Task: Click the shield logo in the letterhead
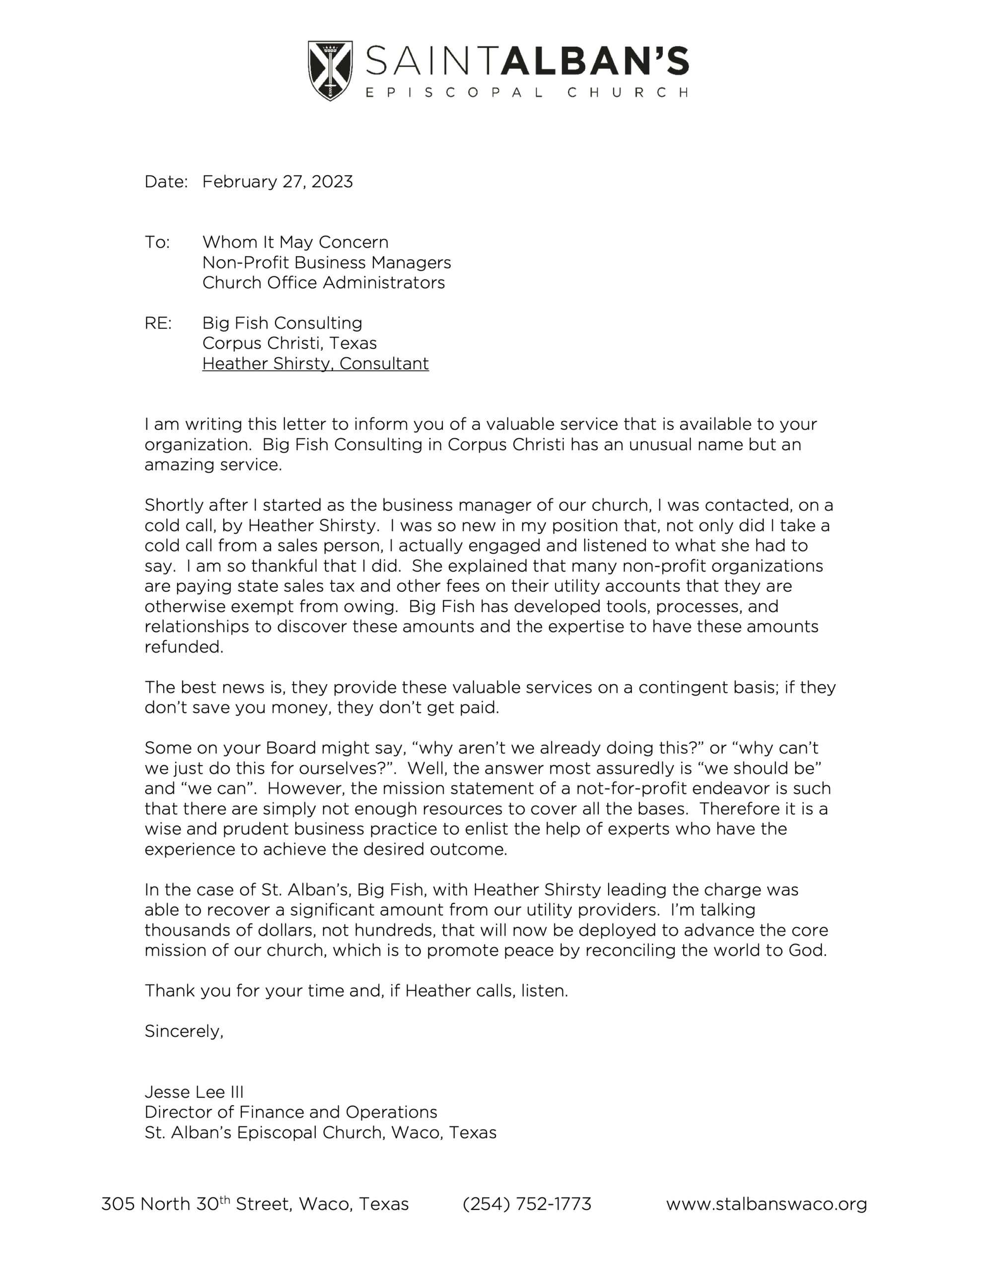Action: [330, 70]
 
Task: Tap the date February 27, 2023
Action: [277, 182]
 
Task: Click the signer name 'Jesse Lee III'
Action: [194, 1092]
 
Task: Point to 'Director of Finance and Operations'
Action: [290, 1112]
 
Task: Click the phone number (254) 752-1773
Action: [527, 1203]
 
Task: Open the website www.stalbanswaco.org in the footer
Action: [766, 1203]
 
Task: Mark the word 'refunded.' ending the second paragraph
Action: [184, 647]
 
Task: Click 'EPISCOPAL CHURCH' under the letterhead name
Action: [527, 92]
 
